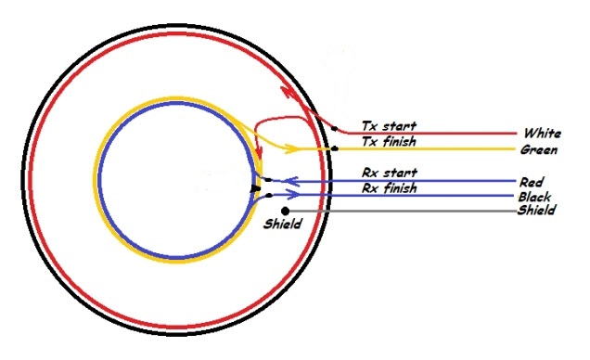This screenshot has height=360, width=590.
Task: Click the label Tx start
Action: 389,125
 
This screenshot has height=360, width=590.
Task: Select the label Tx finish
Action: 389,141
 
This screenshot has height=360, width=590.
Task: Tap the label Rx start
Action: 390,173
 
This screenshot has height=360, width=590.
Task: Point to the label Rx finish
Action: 390,188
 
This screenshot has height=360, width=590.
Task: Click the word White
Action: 542,134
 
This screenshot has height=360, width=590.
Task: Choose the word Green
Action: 539,149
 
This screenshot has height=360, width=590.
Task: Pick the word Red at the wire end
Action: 532,183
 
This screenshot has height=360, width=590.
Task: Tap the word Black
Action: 534,197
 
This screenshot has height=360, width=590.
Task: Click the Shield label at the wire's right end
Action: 536,210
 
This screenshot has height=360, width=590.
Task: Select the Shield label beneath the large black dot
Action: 283,224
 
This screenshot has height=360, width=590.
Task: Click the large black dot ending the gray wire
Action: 285,211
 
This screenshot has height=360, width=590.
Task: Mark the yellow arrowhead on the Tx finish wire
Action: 292,148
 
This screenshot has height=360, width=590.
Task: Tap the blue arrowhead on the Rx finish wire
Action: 293,195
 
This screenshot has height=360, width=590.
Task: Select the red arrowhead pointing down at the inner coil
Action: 259,153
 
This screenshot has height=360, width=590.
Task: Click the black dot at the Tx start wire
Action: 334,129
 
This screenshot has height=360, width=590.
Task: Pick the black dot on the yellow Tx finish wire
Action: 334,148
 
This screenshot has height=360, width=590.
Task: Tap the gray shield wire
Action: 401,211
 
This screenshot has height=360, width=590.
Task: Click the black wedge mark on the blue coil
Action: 255,188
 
